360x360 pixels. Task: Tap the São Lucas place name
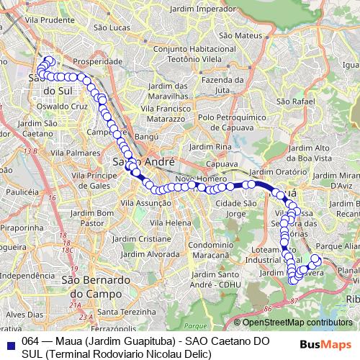[x=115, y=27]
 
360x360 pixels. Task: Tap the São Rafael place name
[x=295, y=102]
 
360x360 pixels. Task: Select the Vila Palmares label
[x=81, y=153]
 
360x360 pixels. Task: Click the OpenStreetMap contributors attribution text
[x=297, y=323]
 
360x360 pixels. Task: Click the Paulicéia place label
[x=21, y=192]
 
